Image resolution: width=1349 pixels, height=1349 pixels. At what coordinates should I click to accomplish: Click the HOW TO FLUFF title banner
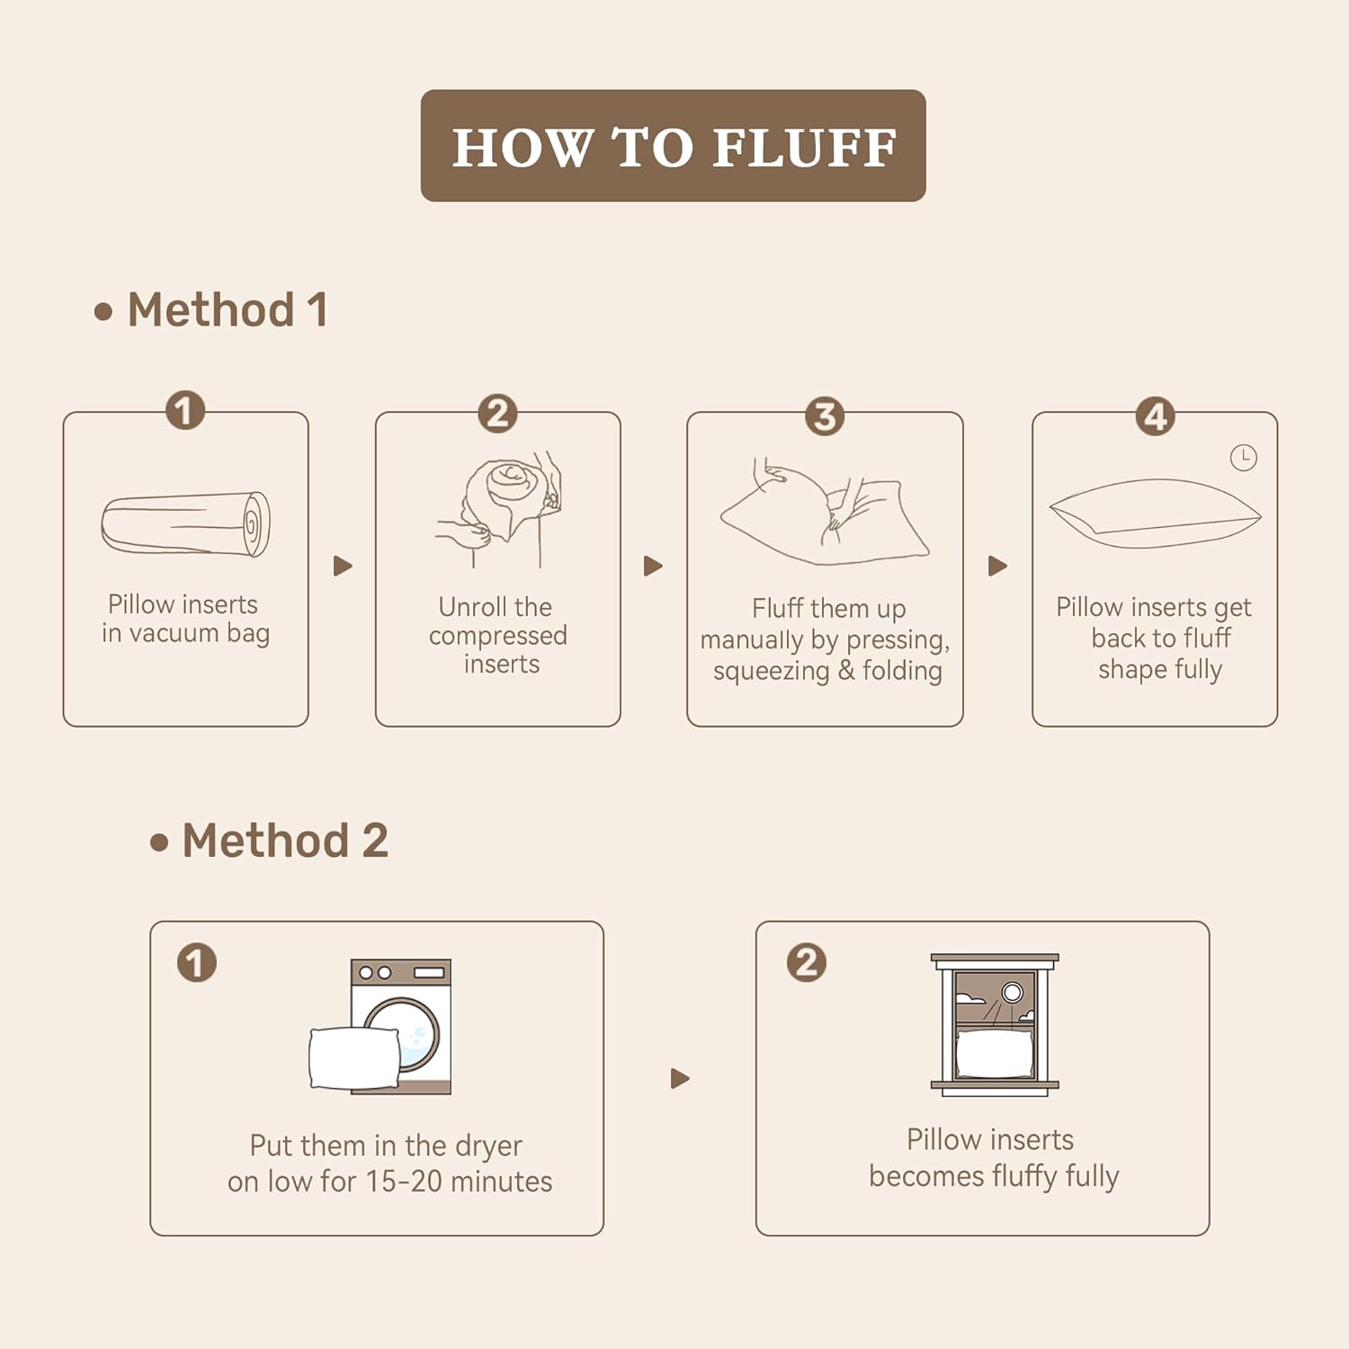click(x=673, y=146)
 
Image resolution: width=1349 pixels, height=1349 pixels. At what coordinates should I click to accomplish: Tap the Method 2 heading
click(x=269, y=841)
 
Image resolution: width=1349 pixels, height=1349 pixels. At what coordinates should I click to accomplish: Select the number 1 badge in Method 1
click(x=185, y=411)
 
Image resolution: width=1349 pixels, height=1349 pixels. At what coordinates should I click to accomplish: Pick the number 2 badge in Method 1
click(x=497, y=414)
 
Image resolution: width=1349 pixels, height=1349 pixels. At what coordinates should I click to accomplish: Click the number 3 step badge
click(x=825, y=416)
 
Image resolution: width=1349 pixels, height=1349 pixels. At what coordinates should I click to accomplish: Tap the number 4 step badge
click(x=1156, y=416)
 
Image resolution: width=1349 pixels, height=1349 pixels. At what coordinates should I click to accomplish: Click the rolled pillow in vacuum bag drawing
click(x=185, y=523)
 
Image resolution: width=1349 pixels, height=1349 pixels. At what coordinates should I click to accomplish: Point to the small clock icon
click(x=1243, y=458)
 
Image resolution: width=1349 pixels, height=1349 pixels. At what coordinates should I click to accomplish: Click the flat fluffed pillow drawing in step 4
click(x=1155, y=514)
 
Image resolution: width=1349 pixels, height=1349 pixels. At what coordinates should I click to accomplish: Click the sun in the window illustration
click(x=1013, y=992)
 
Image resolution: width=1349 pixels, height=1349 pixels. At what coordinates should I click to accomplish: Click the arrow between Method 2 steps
click(x=680, y=1078)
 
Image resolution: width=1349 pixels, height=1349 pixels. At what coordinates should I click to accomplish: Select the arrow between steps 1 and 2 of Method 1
click(x=343, y=566)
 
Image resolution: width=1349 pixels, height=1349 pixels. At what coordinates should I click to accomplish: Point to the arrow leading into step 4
click(x=997, y=566)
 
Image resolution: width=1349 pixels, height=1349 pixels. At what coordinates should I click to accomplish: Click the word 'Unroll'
click(x=470, y=607)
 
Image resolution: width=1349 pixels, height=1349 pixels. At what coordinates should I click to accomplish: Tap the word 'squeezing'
click(x=771, y=672)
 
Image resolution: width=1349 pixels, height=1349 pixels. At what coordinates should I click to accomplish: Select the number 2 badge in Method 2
click(x=806, y=962)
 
